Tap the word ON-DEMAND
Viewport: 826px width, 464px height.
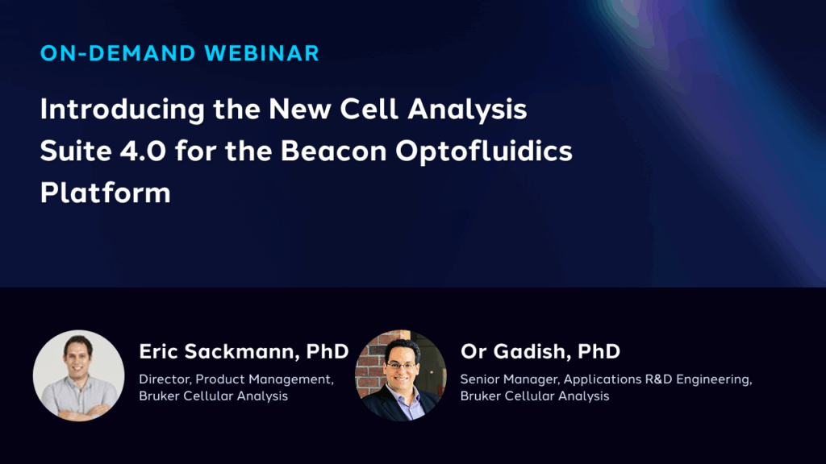click(x=119, y=54)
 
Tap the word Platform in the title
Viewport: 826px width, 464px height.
click(x=105, y=193)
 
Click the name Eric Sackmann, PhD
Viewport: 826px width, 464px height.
click(x=244, y=351)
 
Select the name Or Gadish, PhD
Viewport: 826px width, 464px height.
click(x=540, y=351)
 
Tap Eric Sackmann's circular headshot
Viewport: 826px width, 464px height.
click(x=78, y=375)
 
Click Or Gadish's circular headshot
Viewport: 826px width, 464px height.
click(x=401, y=375)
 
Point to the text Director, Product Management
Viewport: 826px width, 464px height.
click(x=236, y=379)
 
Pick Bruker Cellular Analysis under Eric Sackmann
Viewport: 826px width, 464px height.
click(x=213, y=396)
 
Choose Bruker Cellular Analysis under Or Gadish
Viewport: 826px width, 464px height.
click(x=534, y=396)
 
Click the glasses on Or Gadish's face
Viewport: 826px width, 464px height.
click(x=402, y=363)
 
